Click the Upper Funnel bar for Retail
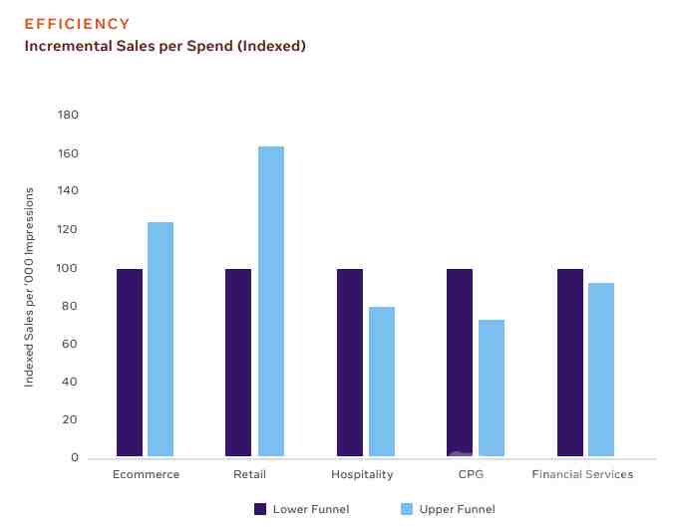[270, 302]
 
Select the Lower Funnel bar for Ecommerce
[130, 363]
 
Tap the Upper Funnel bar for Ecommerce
[161, 340]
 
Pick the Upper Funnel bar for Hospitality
[381, 382]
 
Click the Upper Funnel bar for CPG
[492, 389]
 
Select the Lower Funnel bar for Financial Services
[569, 363]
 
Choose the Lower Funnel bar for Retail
[238, 363]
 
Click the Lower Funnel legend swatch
[260, 509]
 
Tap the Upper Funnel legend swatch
[406, 509]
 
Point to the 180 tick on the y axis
[68, 116]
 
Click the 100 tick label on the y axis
[68, 268]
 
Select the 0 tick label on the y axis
[74, 457]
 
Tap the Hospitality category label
[362, 475]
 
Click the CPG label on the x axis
[471, 475]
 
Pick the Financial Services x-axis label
[582, 475]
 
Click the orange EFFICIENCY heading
[77, 24]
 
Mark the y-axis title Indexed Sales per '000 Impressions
[30, 286]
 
